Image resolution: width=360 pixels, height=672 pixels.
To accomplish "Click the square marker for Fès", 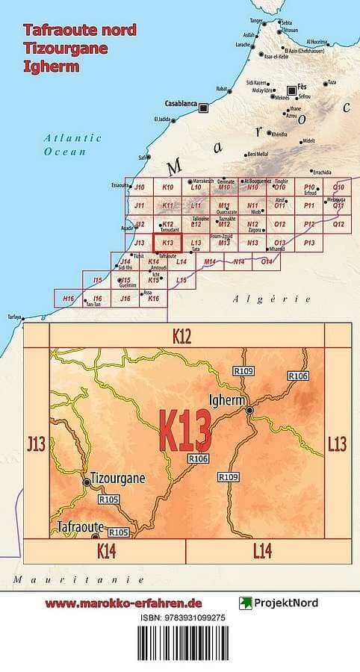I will [x=291, y=91].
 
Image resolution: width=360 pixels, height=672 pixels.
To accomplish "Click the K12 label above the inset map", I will [x=182, y=337].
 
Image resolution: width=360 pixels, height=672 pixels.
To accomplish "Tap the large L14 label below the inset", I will [x=262, y=551].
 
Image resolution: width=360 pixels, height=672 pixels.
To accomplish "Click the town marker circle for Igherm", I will [x=250, y=411].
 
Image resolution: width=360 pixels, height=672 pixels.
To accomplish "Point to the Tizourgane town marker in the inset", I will [x=87, y=483].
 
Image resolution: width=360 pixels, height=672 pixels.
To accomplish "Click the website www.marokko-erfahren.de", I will [x=123, y=603].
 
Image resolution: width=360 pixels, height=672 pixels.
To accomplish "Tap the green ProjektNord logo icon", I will [x=245, y=603].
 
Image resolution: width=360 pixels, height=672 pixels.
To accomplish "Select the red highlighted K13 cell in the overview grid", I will [x=168, y=243].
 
